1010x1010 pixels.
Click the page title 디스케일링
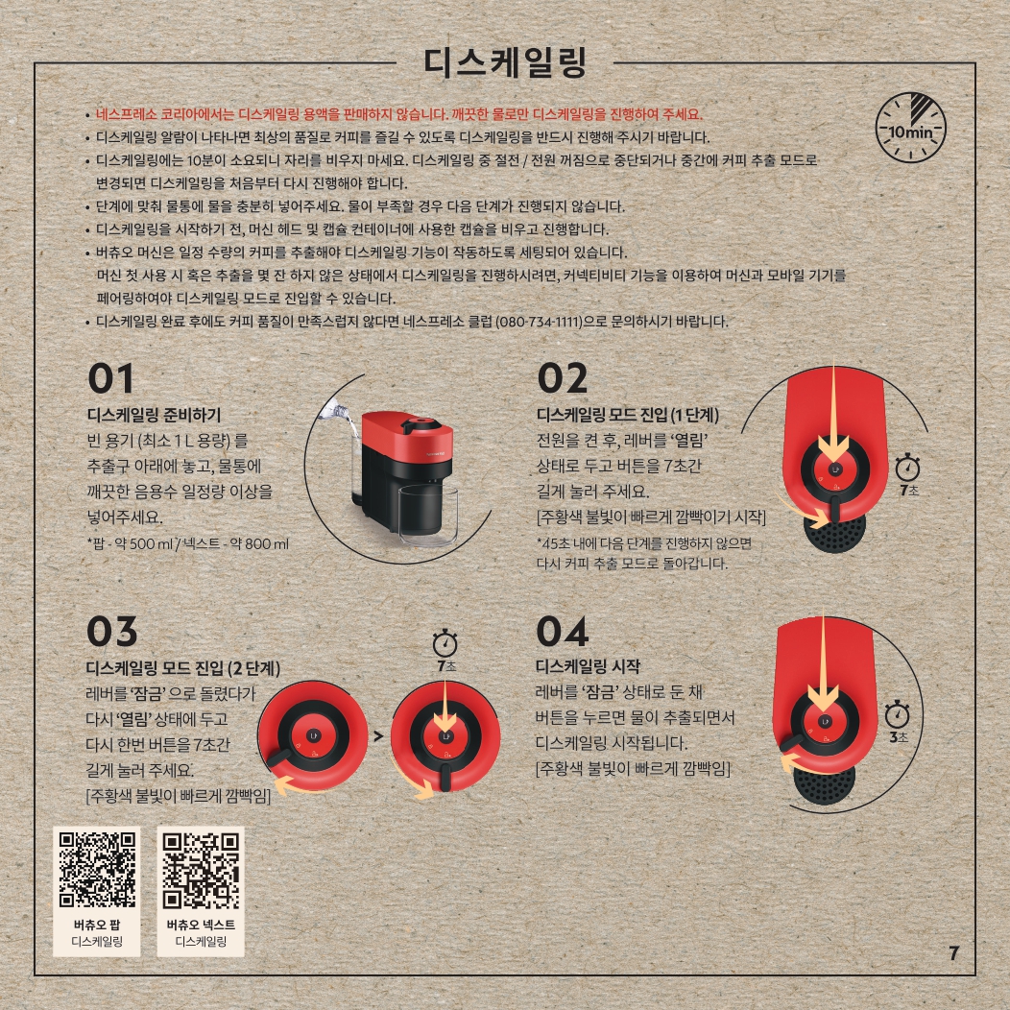(504, 62)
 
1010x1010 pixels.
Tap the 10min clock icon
(911, 127)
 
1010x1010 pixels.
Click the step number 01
(110, 378)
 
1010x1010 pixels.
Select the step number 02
(563, 378)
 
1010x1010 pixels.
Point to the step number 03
(112, 632)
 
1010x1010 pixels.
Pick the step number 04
(563, 632)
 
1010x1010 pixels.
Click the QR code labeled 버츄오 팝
(97, 870)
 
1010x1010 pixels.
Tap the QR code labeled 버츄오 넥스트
(201, 870)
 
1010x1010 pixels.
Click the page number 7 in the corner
(954, 953)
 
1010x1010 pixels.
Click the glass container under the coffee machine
(428, 512)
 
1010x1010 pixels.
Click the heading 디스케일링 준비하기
(154, 415)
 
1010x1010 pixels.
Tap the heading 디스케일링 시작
(589, 666)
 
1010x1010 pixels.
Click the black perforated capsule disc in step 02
(835, 533)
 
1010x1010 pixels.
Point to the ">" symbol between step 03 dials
(378, 735)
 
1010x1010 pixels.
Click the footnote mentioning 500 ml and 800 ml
(188, 544)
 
